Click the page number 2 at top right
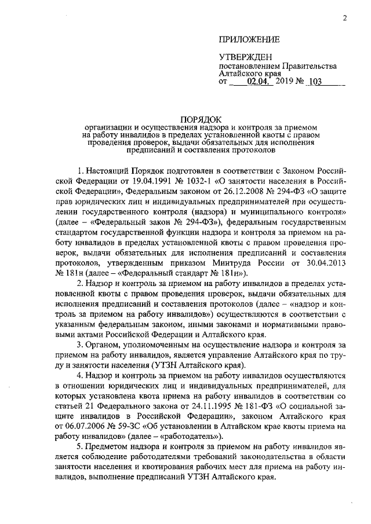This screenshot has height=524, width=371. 344,18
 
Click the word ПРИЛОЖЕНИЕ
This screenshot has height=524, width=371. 249,40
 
